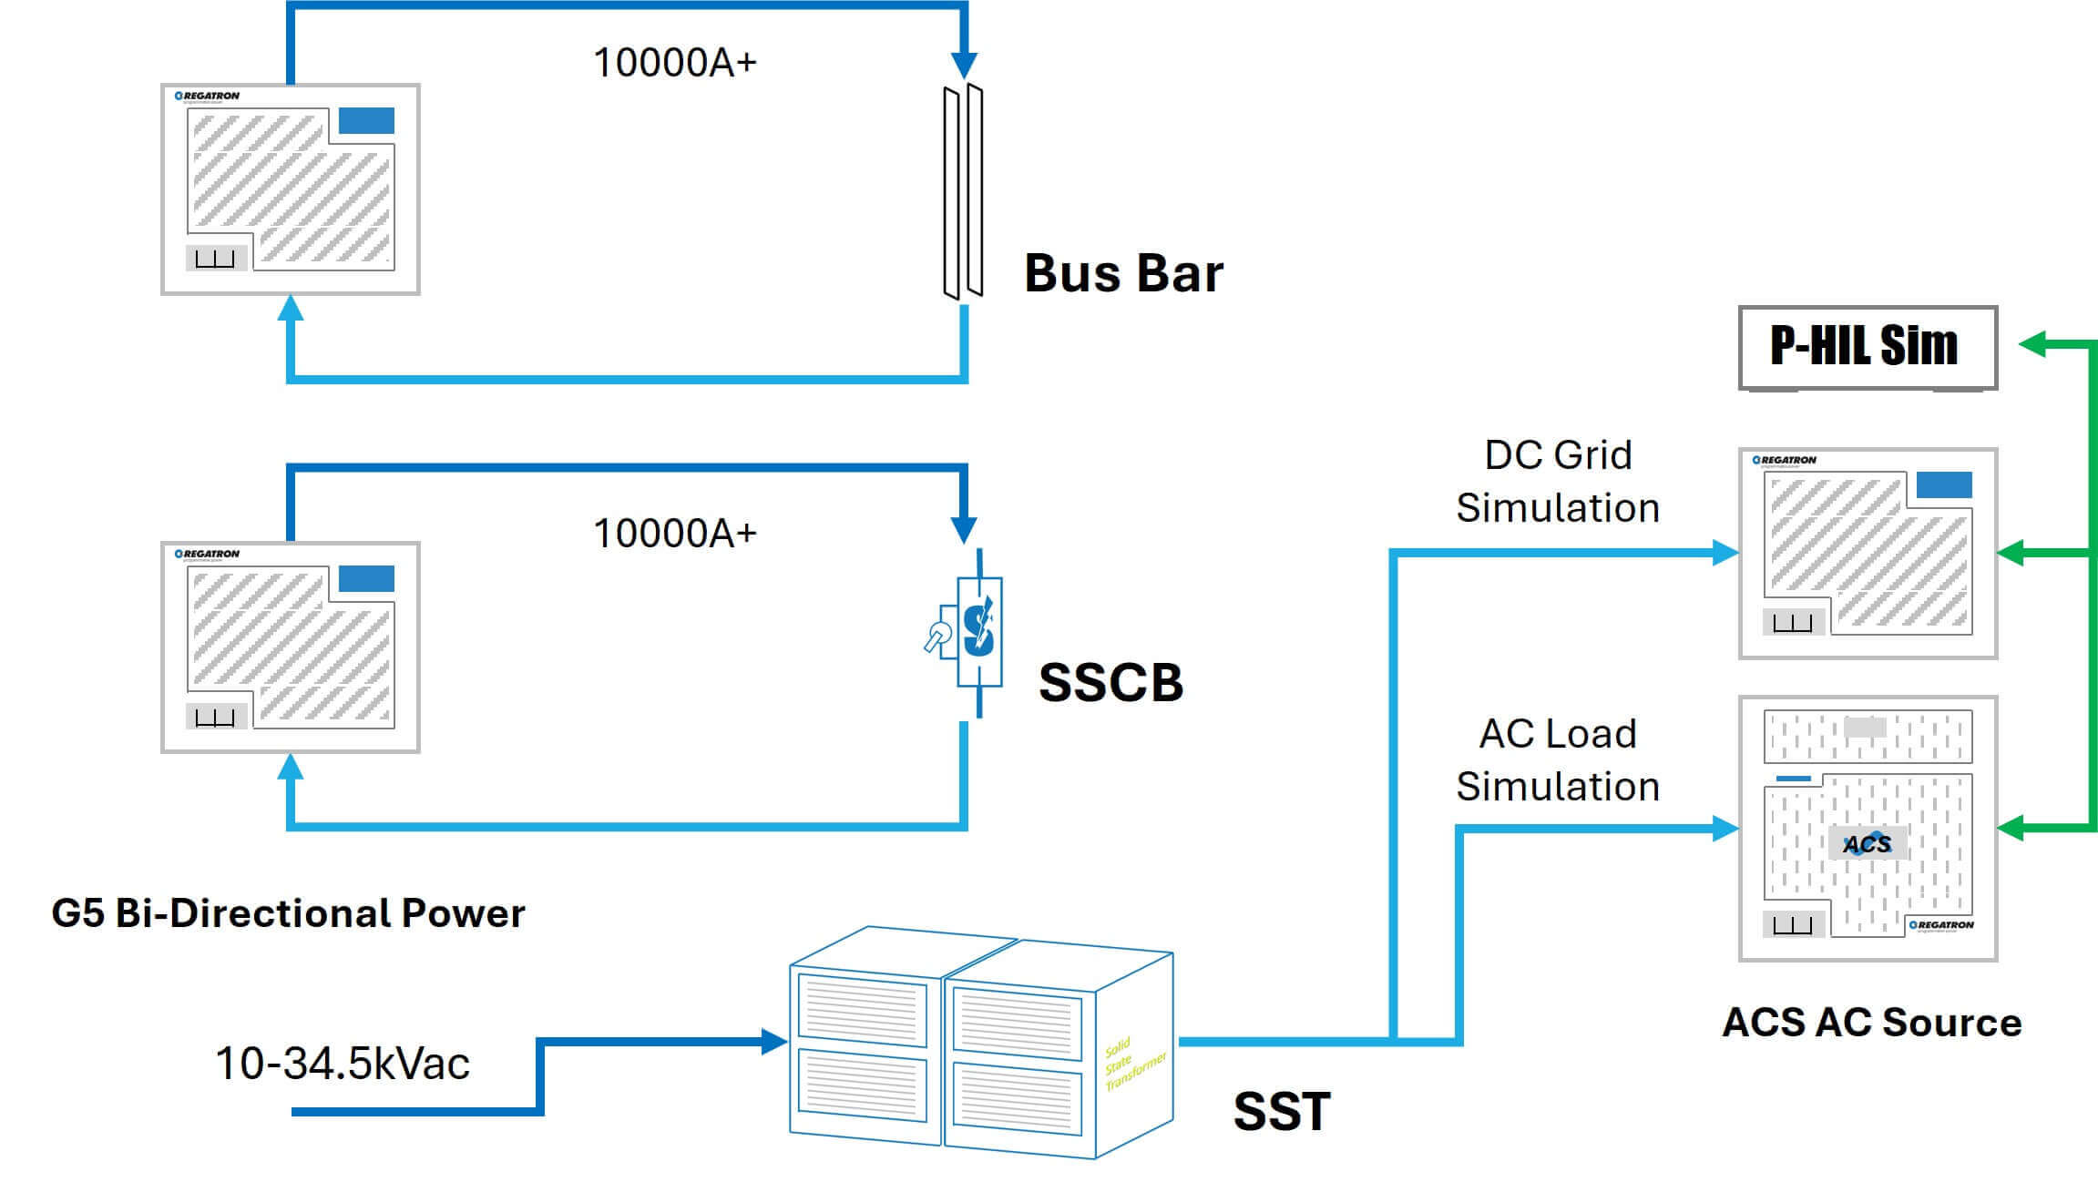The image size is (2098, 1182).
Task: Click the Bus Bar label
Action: click(x=1123, y=273)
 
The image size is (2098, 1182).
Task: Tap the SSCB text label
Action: click(x=1110, y=682)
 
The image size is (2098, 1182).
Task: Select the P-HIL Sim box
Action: click(x=1867, y=346)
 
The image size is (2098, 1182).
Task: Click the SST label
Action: click(x=1282, y=1111)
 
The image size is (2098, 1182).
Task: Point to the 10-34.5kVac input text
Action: click(x=343, y=1064)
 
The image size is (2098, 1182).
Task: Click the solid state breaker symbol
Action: click(x=977, y=631)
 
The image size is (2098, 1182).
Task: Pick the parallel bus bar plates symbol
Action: click(x=963, y=191)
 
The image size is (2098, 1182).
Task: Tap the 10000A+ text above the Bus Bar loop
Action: click(x=674, y=63)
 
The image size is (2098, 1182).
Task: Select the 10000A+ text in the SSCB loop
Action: click(x=674, y=534)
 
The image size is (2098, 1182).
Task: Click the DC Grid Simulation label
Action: click(x=1558, y=481)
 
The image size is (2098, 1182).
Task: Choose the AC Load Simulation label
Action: click(x=1558, y=759)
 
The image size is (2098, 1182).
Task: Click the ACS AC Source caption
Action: click(x=1871, y=1023)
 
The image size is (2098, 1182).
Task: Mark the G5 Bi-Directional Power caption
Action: click(x=288, y=913)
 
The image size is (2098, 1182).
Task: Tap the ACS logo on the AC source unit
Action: click(x=1867, y=844)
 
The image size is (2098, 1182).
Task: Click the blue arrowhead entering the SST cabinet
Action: click(x=774, y=1042)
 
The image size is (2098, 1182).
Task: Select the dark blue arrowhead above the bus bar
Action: click(x=964, y=66)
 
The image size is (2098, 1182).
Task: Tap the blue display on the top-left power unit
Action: click(x=366, y=120)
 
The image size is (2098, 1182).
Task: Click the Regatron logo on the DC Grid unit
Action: click(x=1785, y=460)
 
